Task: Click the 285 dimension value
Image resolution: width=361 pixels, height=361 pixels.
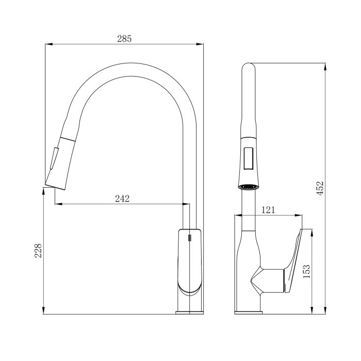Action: coord(125,39)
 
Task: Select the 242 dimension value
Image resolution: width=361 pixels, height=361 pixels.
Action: coord(122,199)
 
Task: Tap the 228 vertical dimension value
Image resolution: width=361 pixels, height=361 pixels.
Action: coord(38,251)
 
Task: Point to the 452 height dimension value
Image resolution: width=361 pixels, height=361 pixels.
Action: coord(320,188)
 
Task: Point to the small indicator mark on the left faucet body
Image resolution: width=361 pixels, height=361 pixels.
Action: coord(189,238)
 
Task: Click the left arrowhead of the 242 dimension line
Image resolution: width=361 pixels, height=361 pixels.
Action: coord(57,204)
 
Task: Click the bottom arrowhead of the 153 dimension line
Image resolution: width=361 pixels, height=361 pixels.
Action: coord(312,311)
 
